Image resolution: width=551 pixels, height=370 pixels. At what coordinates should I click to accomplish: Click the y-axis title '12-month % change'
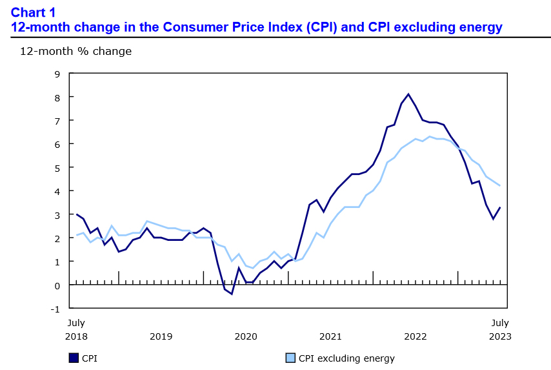tap(75, 51)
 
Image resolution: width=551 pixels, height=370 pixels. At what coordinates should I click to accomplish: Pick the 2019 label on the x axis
tap(161, 336)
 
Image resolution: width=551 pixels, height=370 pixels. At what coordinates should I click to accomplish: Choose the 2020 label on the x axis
tap(246, 336)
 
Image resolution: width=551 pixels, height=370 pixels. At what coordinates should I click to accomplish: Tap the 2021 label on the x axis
tap(330, 336)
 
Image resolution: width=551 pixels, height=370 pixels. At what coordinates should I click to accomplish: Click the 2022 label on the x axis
tap(415, 336)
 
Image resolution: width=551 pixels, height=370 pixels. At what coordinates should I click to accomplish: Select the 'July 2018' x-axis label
tap(76, 329)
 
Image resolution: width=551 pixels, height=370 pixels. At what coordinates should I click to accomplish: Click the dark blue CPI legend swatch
tap(73, 358)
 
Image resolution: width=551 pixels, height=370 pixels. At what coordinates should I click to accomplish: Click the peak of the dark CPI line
tap(408, 94)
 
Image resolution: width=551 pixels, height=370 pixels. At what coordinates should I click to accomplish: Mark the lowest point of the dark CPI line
tap(232, 294)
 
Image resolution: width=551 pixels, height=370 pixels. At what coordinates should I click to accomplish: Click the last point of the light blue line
tap(500, 186)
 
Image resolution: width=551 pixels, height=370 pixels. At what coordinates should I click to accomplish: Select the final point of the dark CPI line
tap(500, 207)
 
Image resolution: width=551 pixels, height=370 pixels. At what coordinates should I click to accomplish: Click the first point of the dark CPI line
tap(77, 214)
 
